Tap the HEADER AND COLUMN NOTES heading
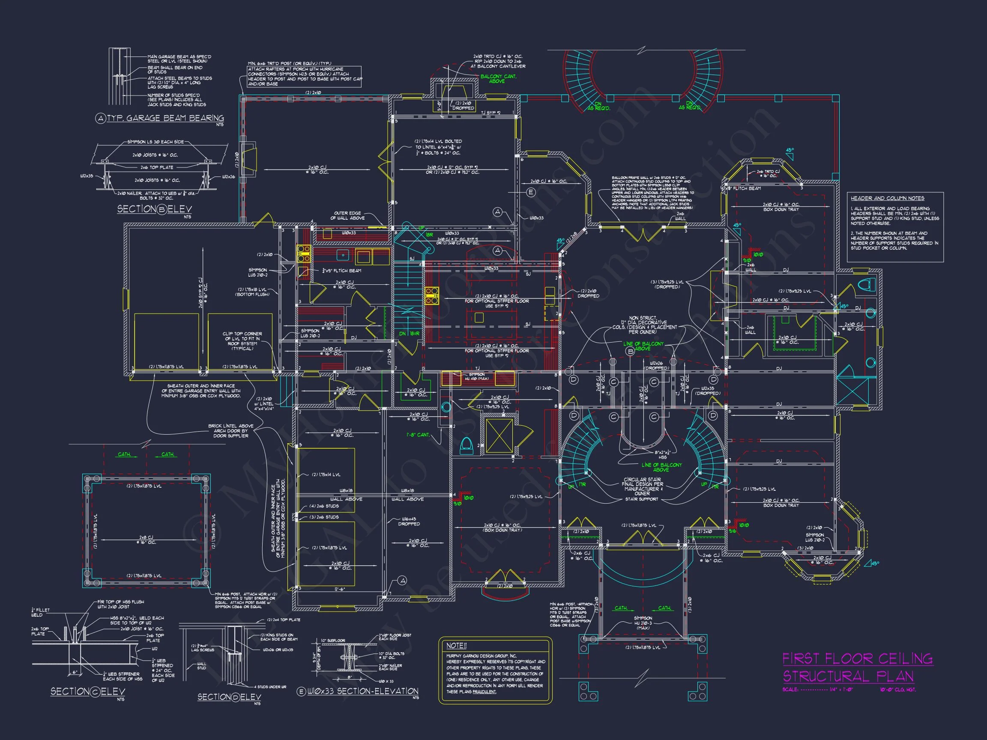click(887, 198)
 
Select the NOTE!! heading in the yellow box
click(456, 645)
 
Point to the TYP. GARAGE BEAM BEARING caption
click(165, 118)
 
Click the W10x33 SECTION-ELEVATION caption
click(363, 691)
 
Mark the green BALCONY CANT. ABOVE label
click(498, 79)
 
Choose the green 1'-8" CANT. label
click(418, 435)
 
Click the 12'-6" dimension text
click(339, 589)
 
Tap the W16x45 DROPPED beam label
click(409, 521)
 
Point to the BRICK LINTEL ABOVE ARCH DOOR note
click(231, 430)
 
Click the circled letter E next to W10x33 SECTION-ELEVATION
click(301, 691)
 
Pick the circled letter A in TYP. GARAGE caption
click(100, 119)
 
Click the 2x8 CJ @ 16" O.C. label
click(146, 540)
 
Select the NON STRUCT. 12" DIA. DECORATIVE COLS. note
click(643, 325)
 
